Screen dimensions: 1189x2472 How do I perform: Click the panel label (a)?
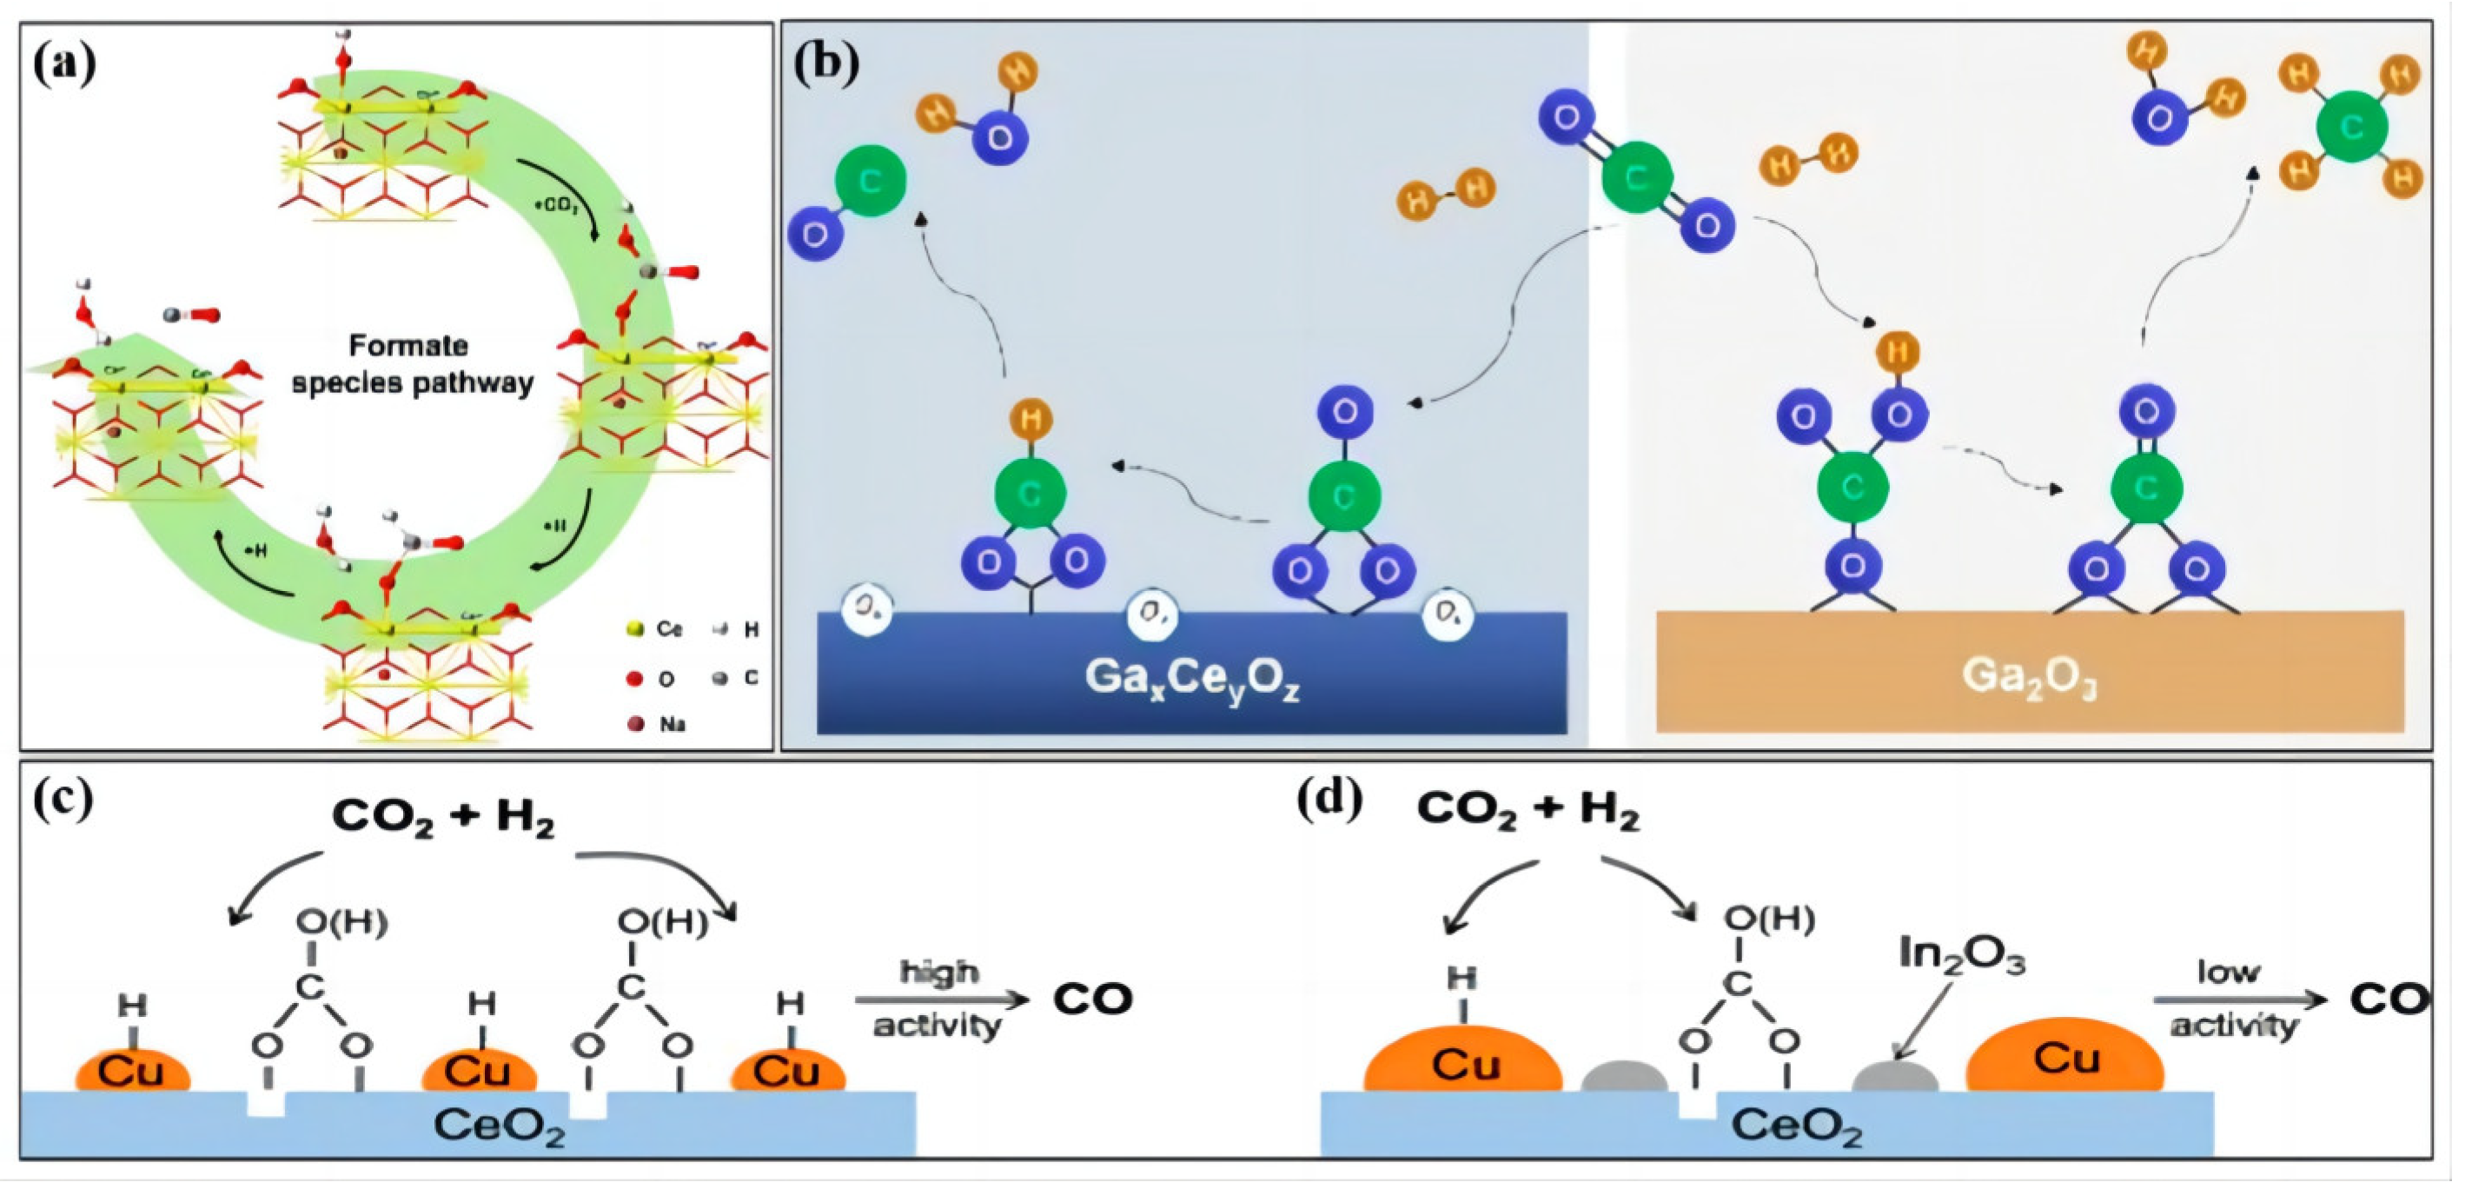pyautogui.click(x=64, y=64)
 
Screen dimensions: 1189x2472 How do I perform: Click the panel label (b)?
pyautogui.click(x=826, y=64)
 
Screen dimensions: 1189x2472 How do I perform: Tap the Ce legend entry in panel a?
pyautogui.click(x=655, y=629)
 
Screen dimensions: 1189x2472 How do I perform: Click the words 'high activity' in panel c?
pyautogui.click(x=938, y=999)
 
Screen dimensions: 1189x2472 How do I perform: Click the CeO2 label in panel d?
pyautogui.click(x=1796, y=1126)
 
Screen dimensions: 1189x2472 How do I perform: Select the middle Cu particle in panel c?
pyautogui.click(x=478, y=1070)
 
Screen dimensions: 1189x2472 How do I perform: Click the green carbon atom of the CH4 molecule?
pyautogui.click(x=2351, y=127)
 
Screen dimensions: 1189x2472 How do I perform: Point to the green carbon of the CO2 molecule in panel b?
pyautogui.click(x=1637, y=176)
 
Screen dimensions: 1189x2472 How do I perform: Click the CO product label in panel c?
pyautogui.click(x=1092, y=999)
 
